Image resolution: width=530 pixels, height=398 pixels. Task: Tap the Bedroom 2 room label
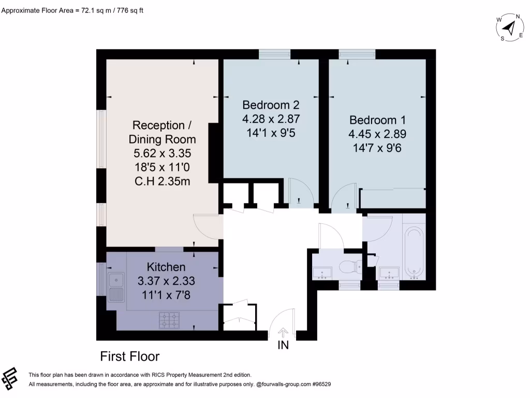(x=271, y=104)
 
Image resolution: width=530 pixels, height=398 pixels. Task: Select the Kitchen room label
(x=166, y=267)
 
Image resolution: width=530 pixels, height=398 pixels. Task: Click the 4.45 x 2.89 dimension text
(x=377, y=133)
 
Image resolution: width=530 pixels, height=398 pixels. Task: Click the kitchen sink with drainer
(x=116, y=288)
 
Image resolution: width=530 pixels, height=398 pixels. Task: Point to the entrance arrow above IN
(x=283, y=332)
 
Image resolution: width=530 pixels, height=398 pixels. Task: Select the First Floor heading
(x=129, y=357)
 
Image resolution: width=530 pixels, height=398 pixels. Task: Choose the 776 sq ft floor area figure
(x=126, y=9)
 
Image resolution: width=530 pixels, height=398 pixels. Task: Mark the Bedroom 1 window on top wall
(x=357, y=54)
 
